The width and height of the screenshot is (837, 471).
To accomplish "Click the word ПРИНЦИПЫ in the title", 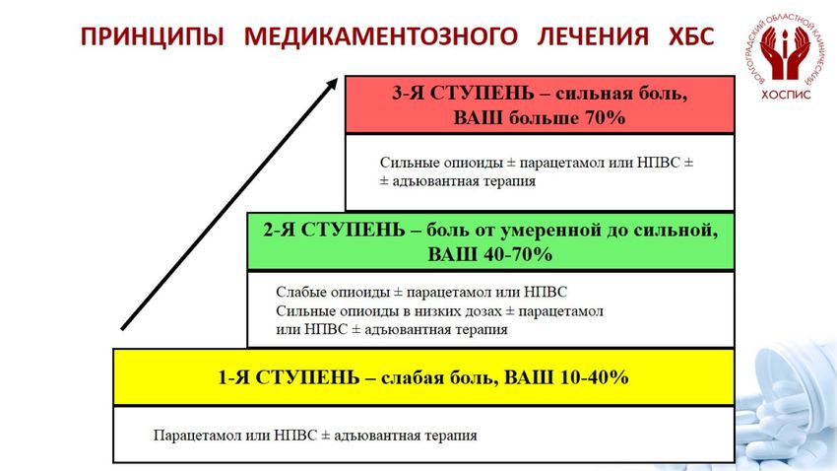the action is (x=152, y=37).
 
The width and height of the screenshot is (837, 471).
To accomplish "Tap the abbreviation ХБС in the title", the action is (x=691, y=37).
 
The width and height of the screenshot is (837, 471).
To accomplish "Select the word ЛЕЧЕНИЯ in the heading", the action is (x=593, y=37).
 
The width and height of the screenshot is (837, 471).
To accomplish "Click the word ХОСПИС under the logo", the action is (x=786, y=95).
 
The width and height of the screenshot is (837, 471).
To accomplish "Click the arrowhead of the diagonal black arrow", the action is (x=332, y=85).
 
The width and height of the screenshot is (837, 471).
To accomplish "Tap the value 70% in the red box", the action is (x=606, y=117).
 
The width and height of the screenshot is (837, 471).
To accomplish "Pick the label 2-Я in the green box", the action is (x=280, y=230).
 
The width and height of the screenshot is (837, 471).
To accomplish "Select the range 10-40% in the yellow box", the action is (x=594, y=377).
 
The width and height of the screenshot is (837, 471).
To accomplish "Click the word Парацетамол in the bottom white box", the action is (x=198, y=436).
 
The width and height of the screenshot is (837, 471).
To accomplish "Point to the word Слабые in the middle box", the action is (x=301, y=292).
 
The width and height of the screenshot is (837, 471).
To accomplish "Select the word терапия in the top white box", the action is (x=509, y=181).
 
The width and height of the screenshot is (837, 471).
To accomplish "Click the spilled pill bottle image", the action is (x=788, y=406).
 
